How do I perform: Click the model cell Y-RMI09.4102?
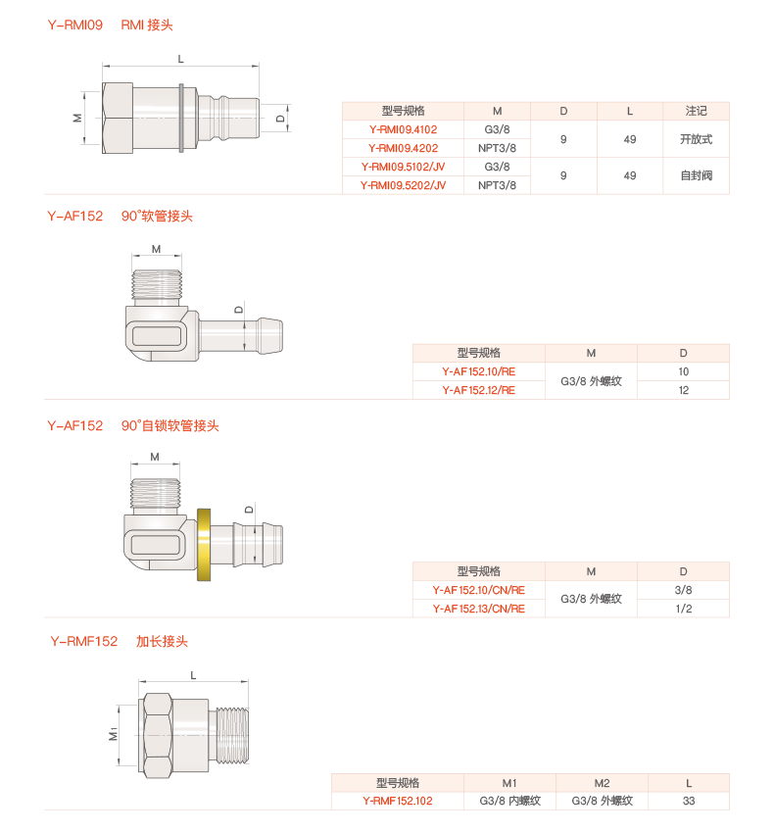tap(403, 129)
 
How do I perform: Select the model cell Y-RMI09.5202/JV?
tap(403, 184)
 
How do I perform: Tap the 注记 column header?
tap(696, 111)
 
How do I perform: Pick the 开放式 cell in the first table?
tap(696, 139)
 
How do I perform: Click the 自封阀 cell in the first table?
tap(696, 175)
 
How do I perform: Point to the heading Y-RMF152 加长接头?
tap(119, 642)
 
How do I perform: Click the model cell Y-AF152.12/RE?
tap(478, 390)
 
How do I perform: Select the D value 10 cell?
tap(683, 371)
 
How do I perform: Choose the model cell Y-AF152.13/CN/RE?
tap(478, 609)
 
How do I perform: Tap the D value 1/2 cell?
tap(683, 609)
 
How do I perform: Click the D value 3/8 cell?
tap(683, 590)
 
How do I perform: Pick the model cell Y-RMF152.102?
tap(397, 801)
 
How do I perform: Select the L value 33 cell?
tap(689, 801)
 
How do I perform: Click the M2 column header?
tap(602, 783)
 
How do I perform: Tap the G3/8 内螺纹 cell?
tap(509, 801)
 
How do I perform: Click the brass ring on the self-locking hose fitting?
tap(205, 544)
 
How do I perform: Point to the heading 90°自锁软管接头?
tap(170, 426)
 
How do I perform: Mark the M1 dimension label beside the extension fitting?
tap(114, 734)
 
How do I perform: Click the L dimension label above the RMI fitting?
tap(180, 59)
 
